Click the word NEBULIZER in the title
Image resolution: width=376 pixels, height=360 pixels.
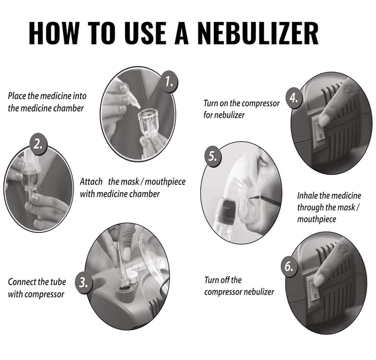[258, 33]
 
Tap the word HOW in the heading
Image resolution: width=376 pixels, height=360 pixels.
[54, 33]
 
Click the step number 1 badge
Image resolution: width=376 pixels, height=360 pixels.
[169, 82]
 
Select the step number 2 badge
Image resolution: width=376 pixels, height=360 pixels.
[39, 144]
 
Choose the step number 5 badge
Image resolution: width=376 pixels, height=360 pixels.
[213, 156]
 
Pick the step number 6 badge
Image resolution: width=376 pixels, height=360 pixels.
[289, 266]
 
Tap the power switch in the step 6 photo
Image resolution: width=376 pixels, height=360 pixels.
[314, 290]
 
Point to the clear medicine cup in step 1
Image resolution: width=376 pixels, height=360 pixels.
[149, 123]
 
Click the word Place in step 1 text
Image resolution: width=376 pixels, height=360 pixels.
[17, 96]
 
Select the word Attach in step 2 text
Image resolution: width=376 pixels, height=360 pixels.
[91, 182]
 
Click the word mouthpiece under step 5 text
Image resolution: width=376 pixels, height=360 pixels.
[316, 219]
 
